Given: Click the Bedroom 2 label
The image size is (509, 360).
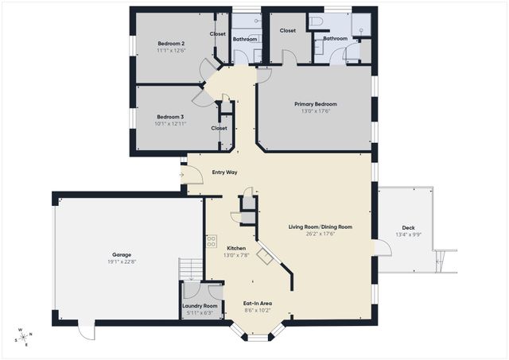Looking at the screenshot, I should tap(171, 44).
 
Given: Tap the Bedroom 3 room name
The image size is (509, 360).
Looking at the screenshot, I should tap(169, 117).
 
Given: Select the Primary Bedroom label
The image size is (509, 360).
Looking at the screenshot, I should tap(315, 104).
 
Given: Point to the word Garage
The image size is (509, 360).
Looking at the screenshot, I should tap(121, 255).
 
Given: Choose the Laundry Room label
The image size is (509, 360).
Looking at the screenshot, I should tap(200, 306).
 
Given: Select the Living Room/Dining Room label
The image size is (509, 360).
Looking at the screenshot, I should tap(320, 226).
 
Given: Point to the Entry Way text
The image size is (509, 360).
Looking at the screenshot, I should tap(224, 172).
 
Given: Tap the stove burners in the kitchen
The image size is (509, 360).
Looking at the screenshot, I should tap(212, 242).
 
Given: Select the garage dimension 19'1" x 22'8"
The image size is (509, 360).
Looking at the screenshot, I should tap(121, 262).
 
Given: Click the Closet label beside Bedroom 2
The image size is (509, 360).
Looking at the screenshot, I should tap(218, 34).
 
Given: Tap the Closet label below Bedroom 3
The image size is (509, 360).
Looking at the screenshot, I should tap(219, 128).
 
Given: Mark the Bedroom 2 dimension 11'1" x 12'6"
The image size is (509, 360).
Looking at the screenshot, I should tap(171, 51).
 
